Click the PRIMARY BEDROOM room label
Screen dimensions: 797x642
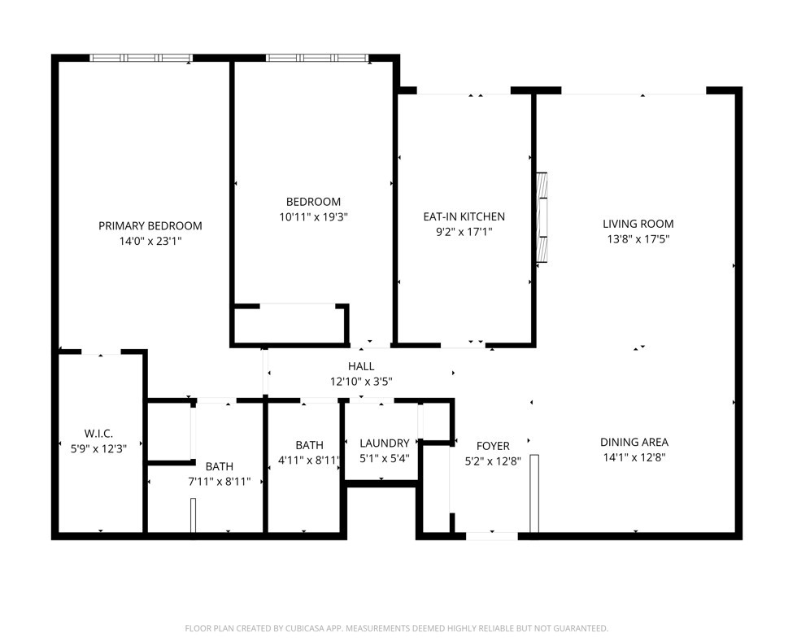150,226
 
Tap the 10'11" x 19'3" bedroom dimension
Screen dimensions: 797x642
313,217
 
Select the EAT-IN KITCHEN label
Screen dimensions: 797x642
464,216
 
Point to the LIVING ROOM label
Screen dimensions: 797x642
638,224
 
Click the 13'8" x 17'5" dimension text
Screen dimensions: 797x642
638,239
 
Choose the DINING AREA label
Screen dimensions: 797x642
634,442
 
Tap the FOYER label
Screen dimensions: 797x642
493,446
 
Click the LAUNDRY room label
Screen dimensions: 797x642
384,443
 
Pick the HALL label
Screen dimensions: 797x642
361,366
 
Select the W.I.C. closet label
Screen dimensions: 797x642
98,434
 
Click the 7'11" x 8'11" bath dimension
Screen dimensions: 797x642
219,482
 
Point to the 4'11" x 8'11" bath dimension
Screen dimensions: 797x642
309,461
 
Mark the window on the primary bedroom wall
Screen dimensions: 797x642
142,58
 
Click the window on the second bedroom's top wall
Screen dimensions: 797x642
317,58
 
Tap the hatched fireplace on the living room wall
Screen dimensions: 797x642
542,218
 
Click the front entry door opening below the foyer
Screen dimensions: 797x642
492,535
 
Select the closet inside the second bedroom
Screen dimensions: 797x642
290,325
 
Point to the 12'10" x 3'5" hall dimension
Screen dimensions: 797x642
361,382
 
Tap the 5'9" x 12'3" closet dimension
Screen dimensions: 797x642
98,448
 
